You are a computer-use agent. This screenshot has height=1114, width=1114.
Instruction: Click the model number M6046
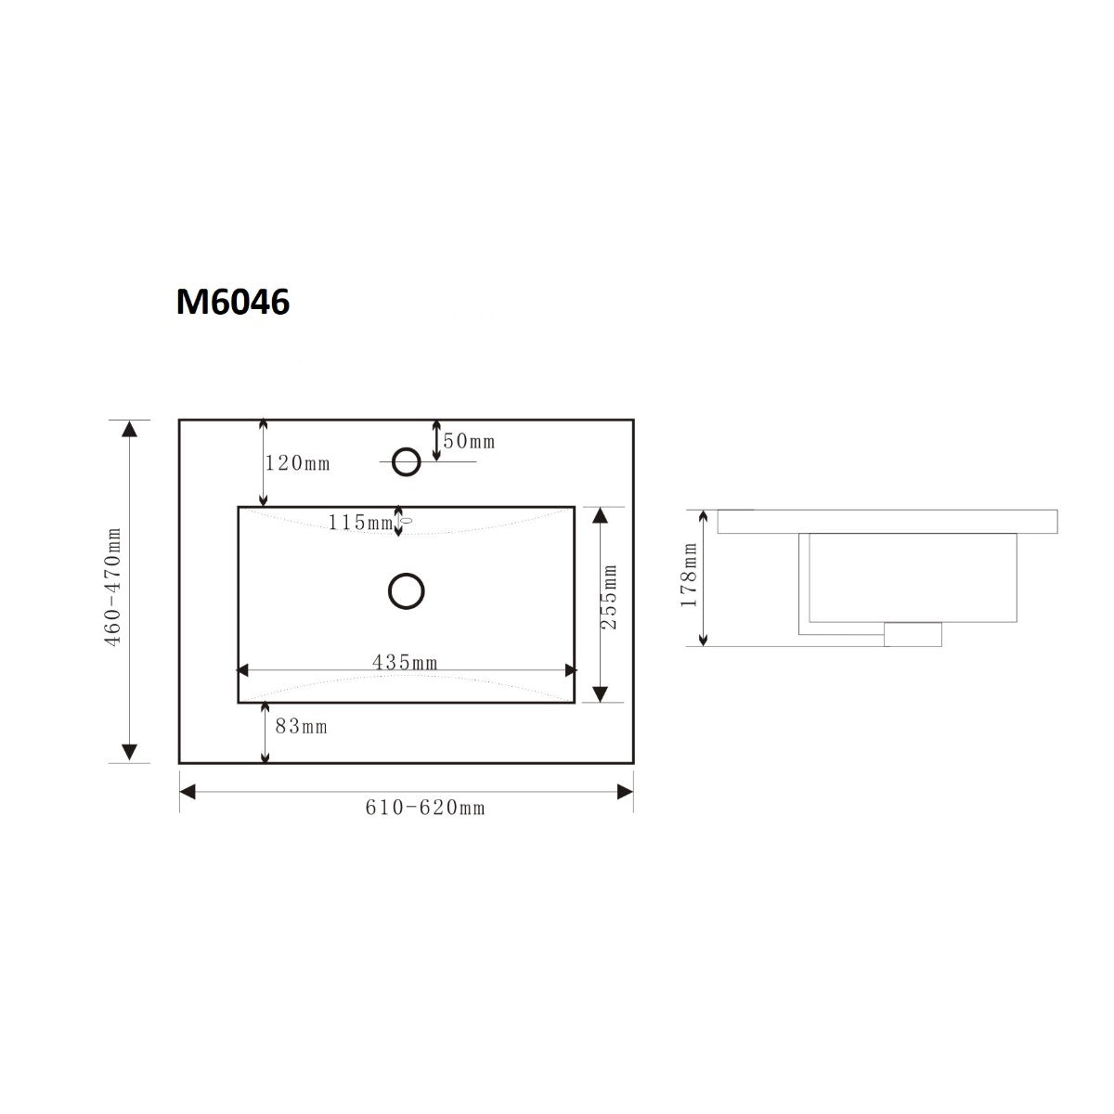coord(233,302)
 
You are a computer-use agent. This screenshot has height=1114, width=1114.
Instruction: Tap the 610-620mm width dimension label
coord(424,808)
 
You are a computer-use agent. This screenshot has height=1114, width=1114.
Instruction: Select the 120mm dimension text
coord(297,463)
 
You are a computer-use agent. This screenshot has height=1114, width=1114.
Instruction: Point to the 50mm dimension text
coord(469,441)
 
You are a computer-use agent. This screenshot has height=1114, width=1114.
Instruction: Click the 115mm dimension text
coord(360,523)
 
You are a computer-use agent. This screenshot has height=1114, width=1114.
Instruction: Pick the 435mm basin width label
coord(405,662)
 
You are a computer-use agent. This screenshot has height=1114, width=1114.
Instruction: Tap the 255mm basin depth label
coord(610,599)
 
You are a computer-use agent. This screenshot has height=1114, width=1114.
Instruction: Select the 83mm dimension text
coord(301,727)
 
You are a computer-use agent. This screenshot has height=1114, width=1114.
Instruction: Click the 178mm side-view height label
coord(688,576)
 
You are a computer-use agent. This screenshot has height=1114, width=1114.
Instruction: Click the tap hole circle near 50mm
coord(406,460)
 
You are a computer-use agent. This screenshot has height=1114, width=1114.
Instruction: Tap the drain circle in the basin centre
coord(406,590)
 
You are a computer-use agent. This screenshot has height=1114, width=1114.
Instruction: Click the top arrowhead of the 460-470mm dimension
coord(130,428)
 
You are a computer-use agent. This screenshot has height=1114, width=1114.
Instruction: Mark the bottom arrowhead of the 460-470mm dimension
coord(130,753)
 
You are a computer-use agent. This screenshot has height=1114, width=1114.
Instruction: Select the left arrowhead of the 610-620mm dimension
coord(187,791)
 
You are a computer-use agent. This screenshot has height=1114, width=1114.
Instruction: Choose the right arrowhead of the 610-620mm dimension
coord(626,791)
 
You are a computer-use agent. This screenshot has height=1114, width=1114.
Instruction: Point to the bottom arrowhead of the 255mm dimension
coord(601,693)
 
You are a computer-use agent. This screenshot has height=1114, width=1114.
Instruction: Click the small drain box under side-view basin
coord(913,635)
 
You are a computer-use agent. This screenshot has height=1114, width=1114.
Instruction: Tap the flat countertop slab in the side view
coord(887,521)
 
